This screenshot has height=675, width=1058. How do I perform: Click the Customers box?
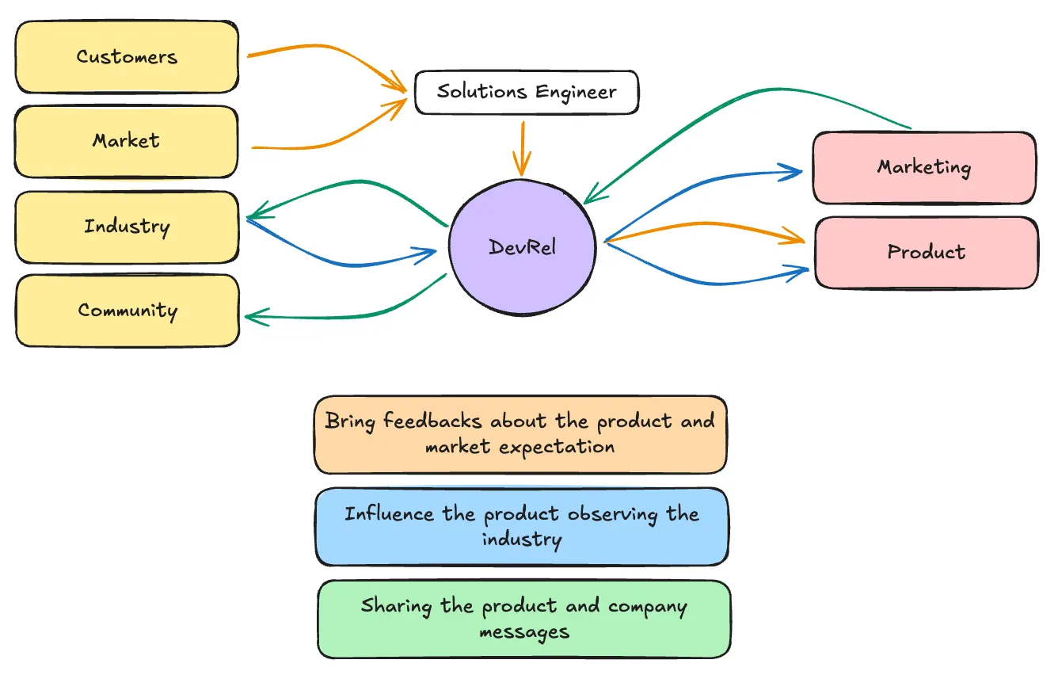tap(127, 57)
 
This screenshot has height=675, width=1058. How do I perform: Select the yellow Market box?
tap(126, 141)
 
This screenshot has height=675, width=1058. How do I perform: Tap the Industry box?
tap(127, 227)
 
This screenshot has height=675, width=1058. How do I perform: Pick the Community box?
tap(127, 311)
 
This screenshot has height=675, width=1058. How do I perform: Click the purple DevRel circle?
tap(522, 247)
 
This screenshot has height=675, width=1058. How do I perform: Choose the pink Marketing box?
tap(924, 168)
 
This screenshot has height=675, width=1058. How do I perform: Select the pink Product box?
tap(927, 252)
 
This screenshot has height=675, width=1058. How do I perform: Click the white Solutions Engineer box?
tap(527, 92)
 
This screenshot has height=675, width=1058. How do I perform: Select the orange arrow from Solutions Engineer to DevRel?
tap(523, 149)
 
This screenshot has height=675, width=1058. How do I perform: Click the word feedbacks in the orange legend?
tap(432, 421)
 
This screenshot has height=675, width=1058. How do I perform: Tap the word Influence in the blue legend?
tap(389, 513)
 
